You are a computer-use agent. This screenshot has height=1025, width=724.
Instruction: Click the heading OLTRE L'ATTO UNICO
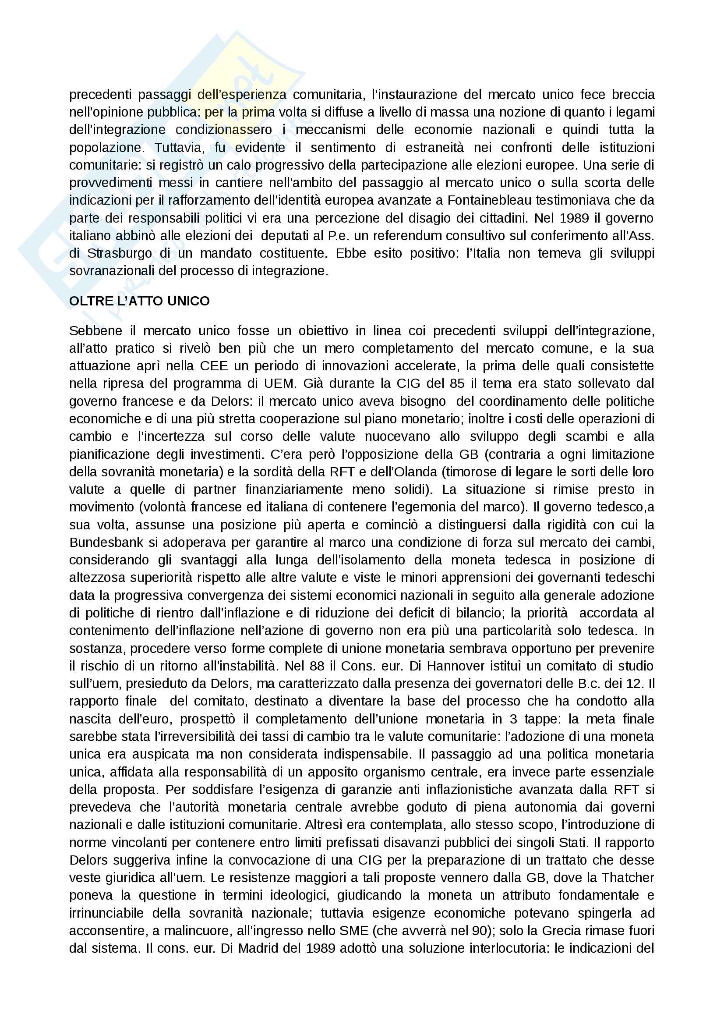[139, 301]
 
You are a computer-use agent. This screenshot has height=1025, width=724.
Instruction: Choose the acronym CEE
[214, 366]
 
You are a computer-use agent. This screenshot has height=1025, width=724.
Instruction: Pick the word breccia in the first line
[633, 95]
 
